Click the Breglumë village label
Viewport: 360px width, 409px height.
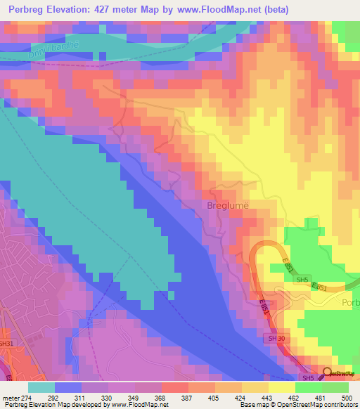228,206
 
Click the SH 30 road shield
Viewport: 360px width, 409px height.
277,338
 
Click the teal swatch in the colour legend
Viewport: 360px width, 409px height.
41,387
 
